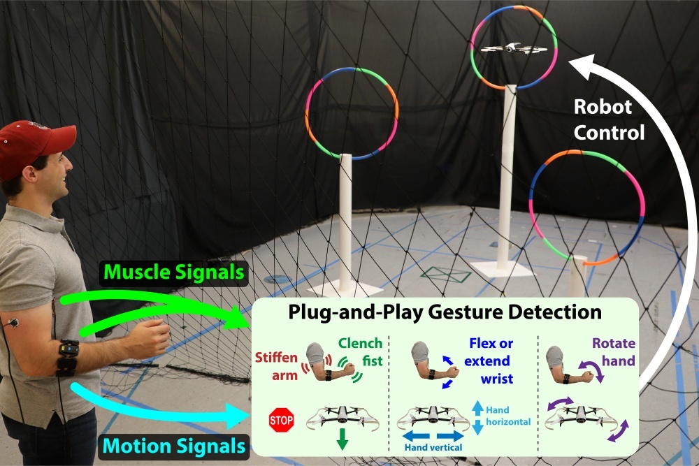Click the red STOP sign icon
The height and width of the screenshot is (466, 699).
coord(281,420)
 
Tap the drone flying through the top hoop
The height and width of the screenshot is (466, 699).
coord(514,48)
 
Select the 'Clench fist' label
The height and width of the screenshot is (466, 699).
coord(360,351)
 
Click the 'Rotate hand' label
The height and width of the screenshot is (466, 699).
coord(613,352)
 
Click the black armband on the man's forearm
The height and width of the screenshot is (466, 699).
coord(68,357)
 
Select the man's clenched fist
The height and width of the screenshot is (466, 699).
coord(156,339)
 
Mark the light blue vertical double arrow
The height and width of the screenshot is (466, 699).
coord(477,417)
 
